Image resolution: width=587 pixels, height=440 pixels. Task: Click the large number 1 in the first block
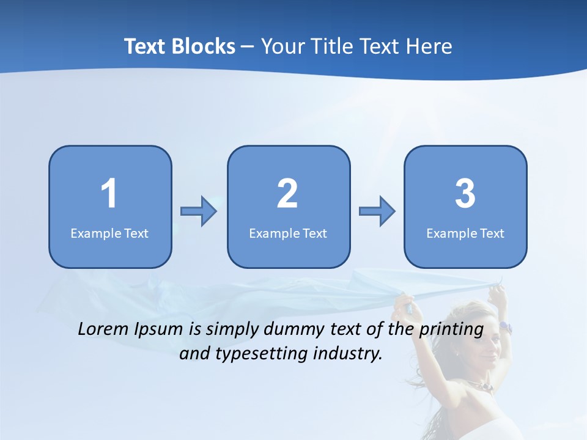point(109,194)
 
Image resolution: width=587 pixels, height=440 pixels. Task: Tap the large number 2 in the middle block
point(287,194)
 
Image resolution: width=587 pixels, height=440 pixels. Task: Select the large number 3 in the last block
point(465,194)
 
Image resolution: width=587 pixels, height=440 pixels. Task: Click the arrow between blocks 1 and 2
point(199,211)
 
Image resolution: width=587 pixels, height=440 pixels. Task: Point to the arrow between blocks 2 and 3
point(377,211)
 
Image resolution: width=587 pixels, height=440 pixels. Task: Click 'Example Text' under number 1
point(109,233)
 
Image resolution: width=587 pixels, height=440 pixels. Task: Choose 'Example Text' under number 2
point(288,233)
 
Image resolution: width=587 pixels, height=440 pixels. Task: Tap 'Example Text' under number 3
point(465,233)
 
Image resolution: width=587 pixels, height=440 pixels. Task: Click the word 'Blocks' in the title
point(204,46)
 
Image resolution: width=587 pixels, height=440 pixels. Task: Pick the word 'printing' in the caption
point(451,329)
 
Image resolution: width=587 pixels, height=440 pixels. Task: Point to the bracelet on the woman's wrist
point(504,328)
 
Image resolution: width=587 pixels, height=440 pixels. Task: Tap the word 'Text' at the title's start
point(147,46)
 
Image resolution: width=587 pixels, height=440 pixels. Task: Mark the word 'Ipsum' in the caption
point(160,329)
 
